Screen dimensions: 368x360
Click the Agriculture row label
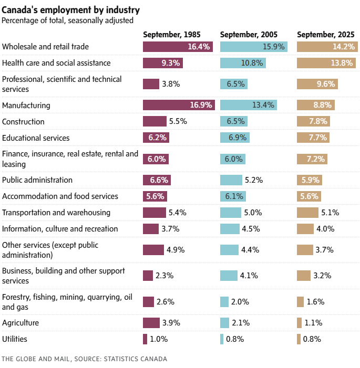tap(20, 323)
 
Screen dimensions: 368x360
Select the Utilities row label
tap(15, 339)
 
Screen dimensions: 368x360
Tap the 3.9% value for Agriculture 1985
tap(173, 323)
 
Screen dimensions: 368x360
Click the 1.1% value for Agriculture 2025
tap(313, 323)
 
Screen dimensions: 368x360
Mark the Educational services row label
tap(36, 138)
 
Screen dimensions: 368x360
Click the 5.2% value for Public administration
tap(254, 180)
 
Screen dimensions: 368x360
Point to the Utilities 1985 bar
tap(145, 339)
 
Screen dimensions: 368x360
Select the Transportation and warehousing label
tap(56, 213)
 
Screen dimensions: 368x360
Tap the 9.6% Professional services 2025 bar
tap(317, 84)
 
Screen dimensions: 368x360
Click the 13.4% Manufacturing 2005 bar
tap(249, 105)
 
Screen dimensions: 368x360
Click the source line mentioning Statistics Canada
tap(84, 359)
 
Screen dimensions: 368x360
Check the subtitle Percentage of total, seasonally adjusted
tap(67, 20)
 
